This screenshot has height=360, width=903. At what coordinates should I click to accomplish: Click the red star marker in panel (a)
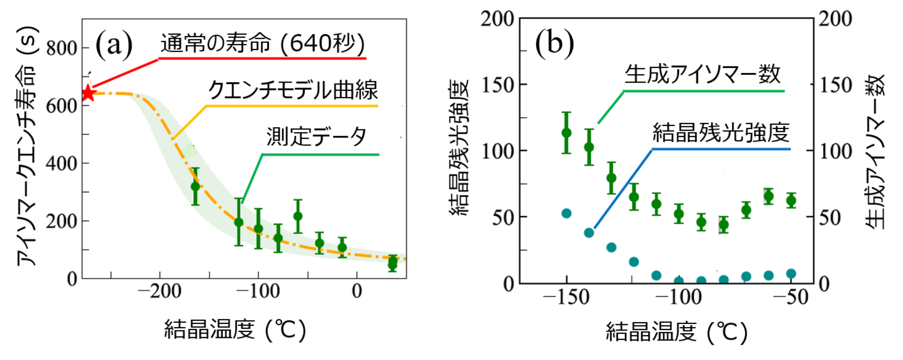(88, 94)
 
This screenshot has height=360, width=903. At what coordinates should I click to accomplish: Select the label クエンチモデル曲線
(293, 90)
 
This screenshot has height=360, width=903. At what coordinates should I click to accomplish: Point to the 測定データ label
(317, 137)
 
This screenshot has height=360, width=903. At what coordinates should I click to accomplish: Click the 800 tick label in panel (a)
(61, 49)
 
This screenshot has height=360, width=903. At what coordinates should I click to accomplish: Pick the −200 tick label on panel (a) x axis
(160, 291)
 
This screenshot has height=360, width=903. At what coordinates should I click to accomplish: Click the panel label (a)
(114, 45)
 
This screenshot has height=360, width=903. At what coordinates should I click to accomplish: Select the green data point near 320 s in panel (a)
(195, 186)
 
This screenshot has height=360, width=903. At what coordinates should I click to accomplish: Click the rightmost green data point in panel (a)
(393, 263)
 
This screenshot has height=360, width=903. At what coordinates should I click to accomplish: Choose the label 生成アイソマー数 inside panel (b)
(702, 74)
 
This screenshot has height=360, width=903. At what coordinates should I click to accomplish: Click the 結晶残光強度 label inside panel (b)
(721, 133)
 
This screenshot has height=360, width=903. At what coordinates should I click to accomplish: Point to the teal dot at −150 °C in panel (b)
(567, 213)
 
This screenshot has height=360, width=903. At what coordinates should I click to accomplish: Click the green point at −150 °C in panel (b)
(567, 133)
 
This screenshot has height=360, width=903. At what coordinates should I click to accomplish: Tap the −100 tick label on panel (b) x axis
(678, 297)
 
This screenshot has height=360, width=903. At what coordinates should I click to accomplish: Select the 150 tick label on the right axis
(835, 85)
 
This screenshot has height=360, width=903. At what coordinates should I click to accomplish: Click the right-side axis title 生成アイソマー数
(876, 151)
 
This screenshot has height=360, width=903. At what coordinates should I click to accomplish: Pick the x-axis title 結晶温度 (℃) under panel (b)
(676, 332)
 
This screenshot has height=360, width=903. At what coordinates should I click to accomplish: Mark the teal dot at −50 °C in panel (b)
(791, 274)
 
